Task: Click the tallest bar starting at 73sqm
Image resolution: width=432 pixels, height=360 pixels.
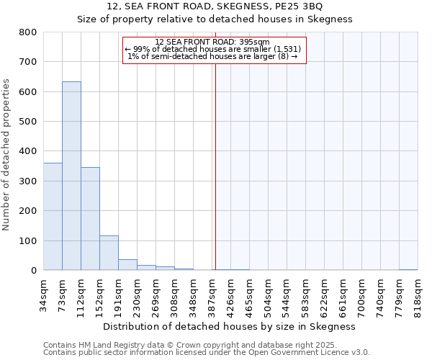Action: pos(71,176)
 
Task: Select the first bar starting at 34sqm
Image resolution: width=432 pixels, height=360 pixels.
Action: pos(53,216)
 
